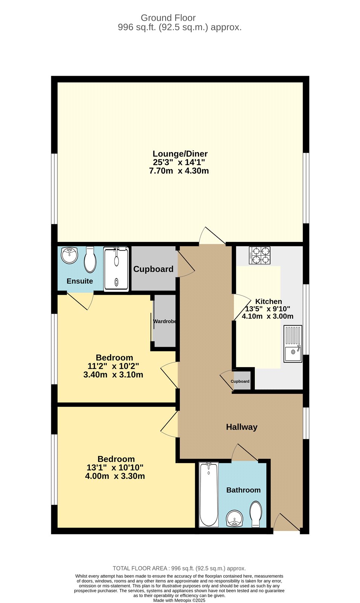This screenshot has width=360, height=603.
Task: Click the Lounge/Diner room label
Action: pyautogui.click(x=180, y=154)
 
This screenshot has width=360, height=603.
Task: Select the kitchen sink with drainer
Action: pyautogui.click(x=293, y=344)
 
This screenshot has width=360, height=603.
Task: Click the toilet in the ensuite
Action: pyautogui.click(x=90, y=260)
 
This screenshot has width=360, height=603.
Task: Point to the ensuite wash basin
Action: pyautogui.click(x=69, y=256)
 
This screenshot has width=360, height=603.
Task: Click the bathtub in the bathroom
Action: pyautogui.click(x=209, y=494)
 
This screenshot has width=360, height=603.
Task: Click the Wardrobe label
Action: pyautogui.click(x=165, y=321)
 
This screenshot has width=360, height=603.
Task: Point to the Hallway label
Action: pyautogui.click(x=242, y=427)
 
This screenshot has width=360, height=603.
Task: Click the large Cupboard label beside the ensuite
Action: pyautogui.click(x=153, y=269)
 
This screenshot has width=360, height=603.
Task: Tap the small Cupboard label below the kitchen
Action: pyautogui.click(x=240, y=381)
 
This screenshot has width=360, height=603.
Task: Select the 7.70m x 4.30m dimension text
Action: pyautogui.click(x=179, y=171)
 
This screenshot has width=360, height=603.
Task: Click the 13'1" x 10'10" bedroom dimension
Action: pyautogui.click(x=115, y=468)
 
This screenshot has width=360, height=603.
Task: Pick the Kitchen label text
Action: pyautogui.click(x=268, y=301)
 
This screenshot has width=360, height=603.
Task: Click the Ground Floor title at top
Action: pyautogui.click(x=168, y=18)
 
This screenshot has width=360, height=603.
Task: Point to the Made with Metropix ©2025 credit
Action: pyautogui.click(x=179, y=600)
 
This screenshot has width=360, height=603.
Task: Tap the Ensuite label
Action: pyautogui.click(x=80, y=281)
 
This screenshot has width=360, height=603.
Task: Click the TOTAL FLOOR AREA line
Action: pyautogui.click(x=179, y=568)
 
